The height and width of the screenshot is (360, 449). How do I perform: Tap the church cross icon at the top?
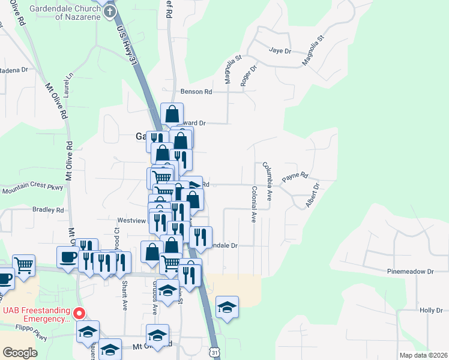pyautogui.click(x=108, y=1)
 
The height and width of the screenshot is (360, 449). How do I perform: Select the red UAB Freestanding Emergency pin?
pyautogui.click(x=79, y=313)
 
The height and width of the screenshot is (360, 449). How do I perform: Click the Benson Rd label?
pyautogui.click(x=196, y=92)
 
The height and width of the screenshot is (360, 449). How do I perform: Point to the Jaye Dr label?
pyautogui.click(x=279, y=50)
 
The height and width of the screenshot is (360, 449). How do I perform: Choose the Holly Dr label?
pyautogui.click(x=431, y=310)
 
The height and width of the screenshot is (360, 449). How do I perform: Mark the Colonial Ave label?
pyautogui.click(x=255, y=205)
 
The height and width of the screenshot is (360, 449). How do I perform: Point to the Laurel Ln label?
pyautogui.click(x=70, y=79)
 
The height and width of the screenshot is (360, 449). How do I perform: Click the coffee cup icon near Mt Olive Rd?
pyautogui.click(x=67, y=257)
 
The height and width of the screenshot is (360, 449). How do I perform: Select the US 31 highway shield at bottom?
pyautogui.click(x=215, y=352)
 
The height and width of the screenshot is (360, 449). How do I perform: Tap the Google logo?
pyautogui.click(x=20, y=353)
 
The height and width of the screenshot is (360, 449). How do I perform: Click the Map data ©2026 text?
pyautogui.click(x=423, y=355)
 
